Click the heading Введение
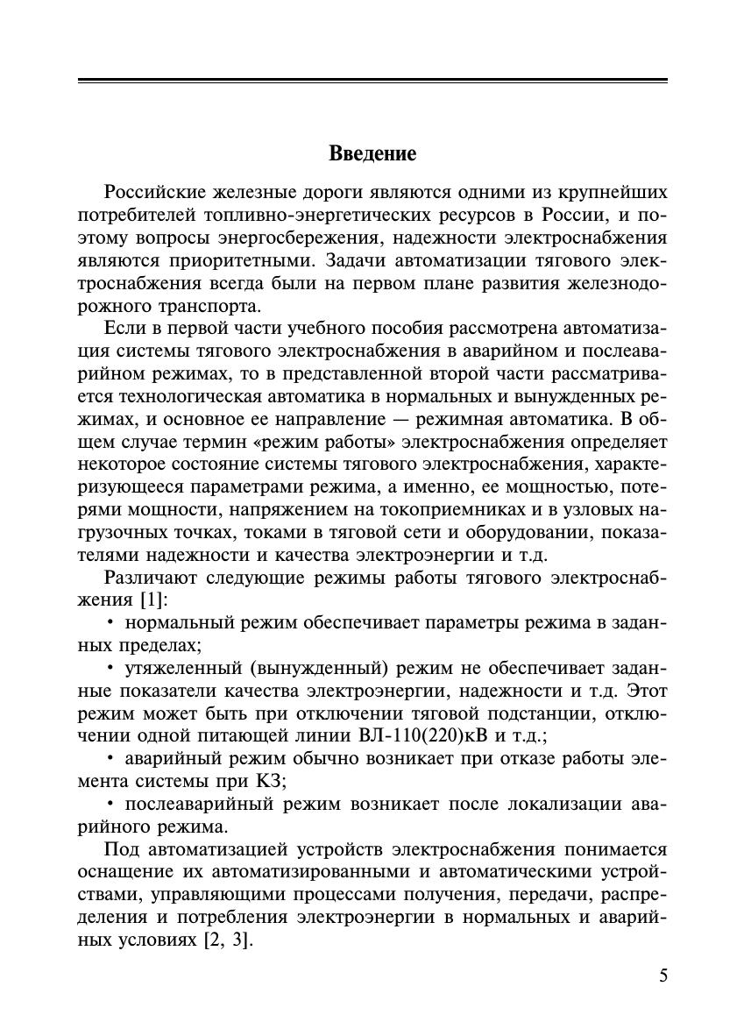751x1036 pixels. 372,154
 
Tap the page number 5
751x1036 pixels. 662,976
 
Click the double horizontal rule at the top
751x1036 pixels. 372,82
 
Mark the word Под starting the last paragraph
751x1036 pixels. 121,849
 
